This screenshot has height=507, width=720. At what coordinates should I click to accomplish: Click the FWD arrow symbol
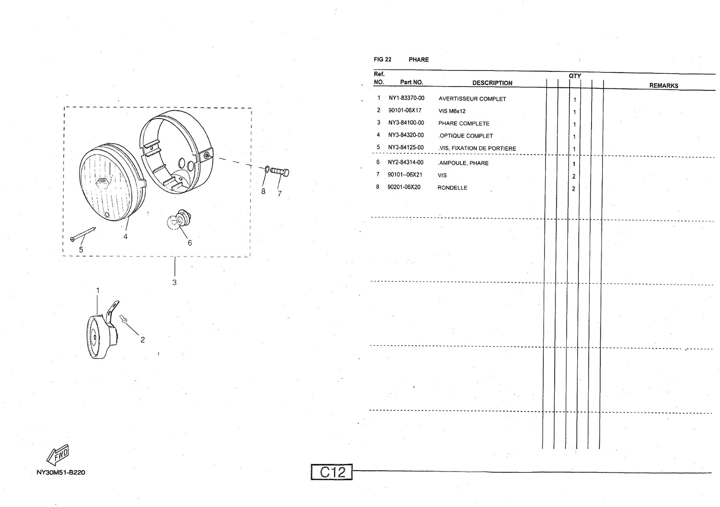[58, 455]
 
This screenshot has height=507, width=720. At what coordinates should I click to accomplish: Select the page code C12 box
[332, 472]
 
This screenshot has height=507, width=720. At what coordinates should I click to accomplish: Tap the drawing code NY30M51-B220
[61, 473]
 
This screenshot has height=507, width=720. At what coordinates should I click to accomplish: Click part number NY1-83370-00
[406, 98]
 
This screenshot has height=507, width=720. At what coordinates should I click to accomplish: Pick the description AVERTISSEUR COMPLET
[472, 99]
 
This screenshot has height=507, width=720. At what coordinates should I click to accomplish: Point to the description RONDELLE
[452, 188]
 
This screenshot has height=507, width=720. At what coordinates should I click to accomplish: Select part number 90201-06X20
[404, 187]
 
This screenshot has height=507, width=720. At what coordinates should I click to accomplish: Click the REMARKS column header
[664, 86]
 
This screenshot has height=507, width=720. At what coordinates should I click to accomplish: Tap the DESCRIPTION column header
[492, 83]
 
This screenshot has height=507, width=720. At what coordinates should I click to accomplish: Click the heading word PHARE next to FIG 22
[418, 60]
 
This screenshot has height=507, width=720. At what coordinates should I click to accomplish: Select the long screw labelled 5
[83, 233]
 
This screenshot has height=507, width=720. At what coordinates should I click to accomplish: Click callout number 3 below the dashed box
[174, 283]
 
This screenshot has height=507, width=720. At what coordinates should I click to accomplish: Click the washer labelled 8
[267, 169]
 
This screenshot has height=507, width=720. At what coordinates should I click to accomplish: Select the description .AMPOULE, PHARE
[463, 164]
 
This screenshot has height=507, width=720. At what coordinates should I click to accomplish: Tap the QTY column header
[575, 76]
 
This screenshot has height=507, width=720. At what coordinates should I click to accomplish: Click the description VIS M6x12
[452, 111]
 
